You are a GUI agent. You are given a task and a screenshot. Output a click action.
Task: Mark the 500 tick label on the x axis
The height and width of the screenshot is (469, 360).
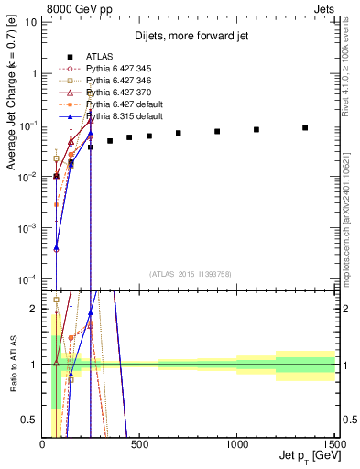(x=140, y=445)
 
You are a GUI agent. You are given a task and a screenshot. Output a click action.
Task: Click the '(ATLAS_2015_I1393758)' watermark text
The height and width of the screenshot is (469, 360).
(x=189, y=273)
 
